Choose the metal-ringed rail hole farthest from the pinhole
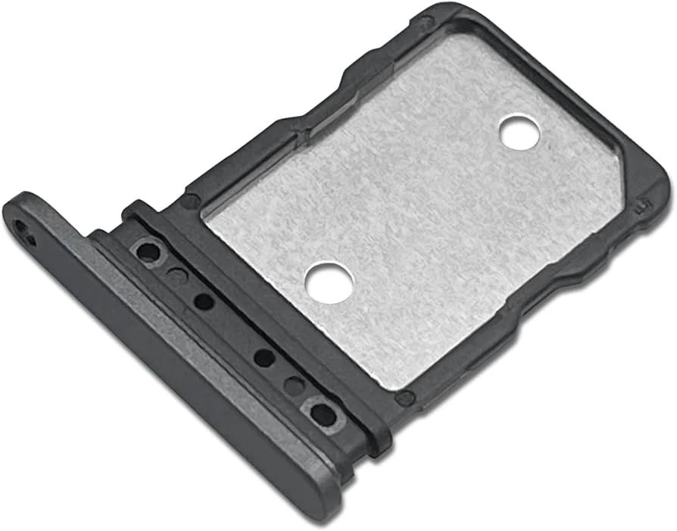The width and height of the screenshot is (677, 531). tap(323, 414)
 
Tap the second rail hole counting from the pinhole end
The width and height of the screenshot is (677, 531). tap(176, 276)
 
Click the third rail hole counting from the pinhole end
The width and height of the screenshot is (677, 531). tap(203, 301)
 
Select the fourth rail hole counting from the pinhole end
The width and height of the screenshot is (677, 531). tap(264, 358)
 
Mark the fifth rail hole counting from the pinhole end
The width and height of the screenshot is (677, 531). tap(294, 386)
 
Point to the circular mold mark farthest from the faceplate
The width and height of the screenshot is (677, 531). tap(429, 23)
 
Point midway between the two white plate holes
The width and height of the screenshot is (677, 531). tap(425, 206)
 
